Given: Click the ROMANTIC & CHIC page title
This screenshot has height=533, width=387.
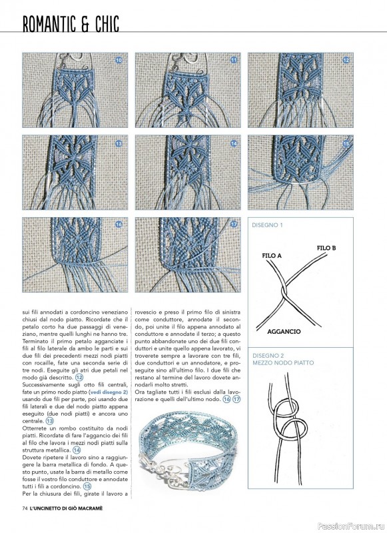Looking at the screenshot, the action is click(x=71, y=24).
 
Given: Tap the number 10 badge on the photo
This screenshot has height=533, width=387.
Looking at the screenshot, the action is click(x=119, y=60).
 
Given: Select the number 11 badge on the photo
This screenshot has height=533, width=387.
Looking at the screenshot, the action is click(x=234, y=60).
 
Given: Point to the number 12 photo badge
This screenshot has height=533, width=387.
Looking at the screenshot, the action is click(x=346, y=60).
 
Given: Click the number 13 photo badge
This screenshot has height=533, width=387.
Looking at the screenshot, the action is click(x=119, y=143).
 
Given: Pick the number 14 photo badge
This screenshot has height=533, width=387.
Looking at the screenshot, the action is click(x=234, y=143).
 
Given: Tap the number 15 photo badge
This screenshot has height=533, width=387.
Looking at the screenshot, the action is click(x=346, y=143).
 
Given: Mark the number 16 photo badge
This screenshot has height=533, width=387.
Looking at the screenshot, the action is click(x=119, y=225).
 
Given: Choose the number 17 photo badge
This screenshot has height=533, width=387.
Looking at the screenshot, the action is click(x=234, y=225).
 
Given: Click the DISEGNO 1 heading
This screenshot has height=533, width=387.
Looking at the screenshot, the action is click(x=267, y=225).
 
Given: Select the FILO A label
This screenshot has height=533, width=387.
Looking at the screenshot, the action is click(x=272, y=255).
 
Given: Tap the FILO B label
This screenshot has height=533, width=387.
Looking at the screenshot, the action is click(x=326, y=248).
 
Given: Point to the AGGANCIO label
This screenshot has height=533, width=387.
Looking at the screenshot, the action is click(x=284, y=331).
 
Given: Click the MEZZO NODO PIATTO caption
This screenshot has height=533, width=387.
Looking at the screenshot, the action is click(x=283, y=362).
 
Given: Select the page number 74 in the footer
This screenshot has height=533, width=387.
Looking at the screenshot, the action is click(x=25, y=508).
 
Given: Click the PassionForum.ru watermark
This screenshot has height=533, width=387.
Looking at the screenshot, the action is click(x=351, y=526).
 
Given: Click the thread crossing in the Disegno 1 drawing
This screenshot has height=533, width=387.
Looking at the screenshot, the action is click(x=283, y=292).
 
